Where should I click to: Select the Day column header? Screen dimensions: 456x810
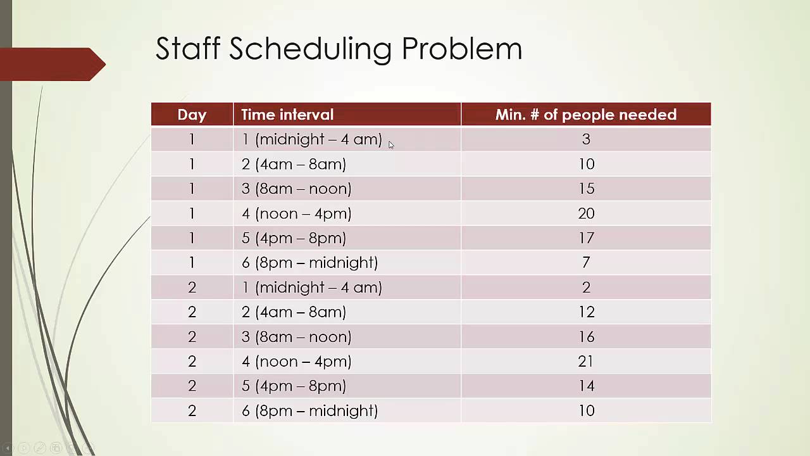[192, 115]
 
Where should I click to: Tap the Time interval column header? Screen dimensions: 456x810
[287, 115]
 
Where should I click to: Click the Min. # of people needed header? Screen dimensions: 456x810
[585, 115]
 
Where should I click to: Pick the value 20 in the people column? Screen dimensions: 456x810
[586, 213]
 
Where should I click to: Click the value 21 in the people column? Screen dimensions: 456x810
[586, 362]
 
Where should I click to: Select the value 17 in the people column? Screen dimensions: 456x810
[586, 238]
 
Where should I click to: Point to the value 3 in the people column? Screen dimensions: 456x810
[586, 139]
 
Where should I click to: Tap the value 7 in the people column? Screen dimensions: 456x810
[586, 263]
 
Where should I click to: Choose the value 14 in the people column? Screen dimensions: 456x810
[586, 386]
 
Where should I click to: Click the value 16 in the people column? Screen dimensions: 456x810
[586, 337]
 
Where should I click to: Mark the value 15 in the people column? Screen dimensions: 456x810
[586, 189]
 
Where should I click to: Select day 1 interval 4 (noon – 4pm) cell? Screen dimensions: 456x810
[296, 213]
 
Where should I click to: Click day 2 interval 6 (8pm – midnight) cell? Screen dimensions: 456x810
[309, 411]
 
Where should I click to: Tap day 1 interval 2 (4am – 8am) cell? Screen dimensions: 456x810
[294, 164]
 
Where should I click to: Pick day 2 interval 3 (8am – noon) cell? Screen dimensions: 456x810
[296, 337]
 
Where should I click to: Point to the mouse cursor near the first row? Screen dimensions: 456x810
[391, 145]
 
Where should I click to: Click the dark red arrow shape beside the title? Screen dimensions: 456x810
[54, 64]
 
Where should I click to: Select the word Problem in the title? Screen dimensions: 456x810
[462, 49]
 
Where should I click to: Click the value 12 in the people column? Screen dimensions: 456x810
[586, 312]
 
